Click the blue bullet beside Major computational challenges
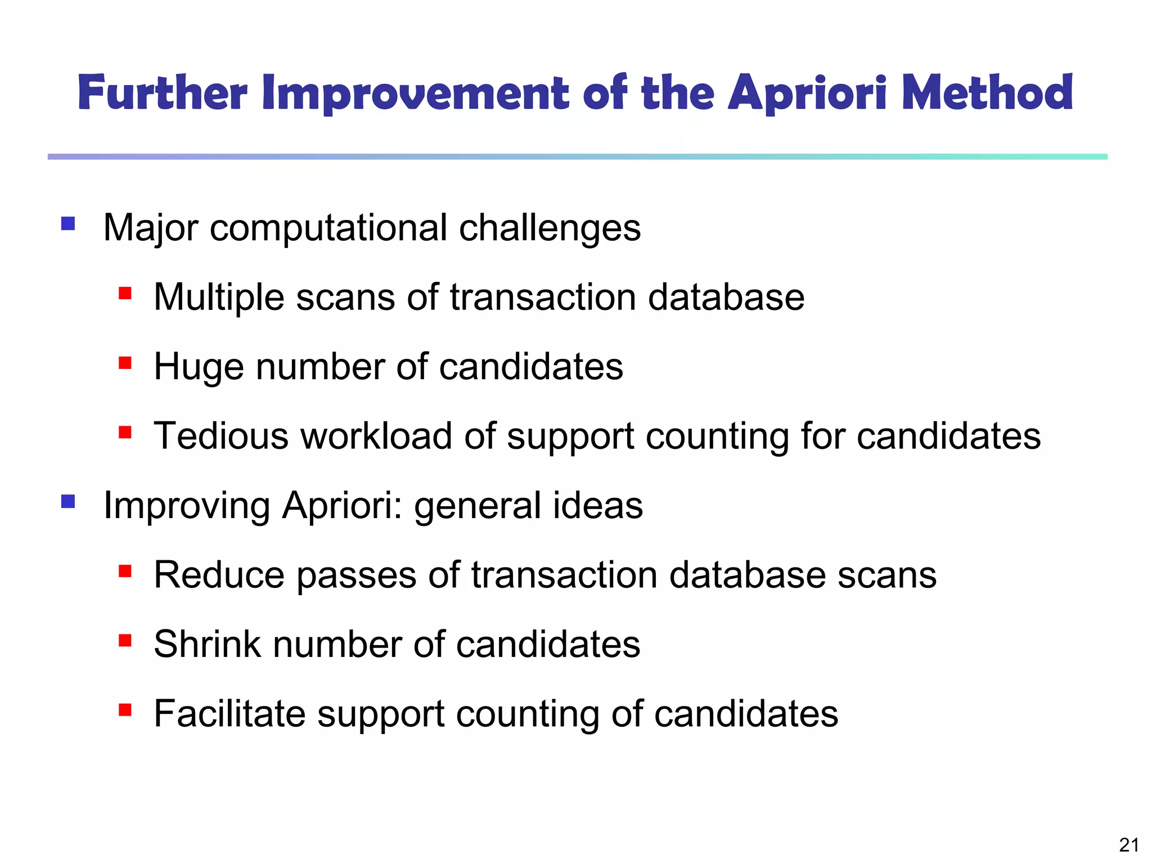(x=68, y=224)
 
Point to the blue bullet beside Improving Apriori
(x=68, y=501)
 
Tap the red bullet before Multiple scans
(x=125, y=293)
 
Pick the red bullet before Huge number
(x=125, y=363)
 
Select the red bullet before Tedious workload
(x=125, y=432)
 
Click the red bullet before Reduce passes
(x=125, y=571)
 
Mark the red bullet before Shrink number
(x=125, y=640)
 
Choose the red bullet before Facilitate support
(x=125, y=710)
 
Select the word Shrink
(x=207, y=644)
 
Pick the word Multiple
(x=219, y=298)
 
